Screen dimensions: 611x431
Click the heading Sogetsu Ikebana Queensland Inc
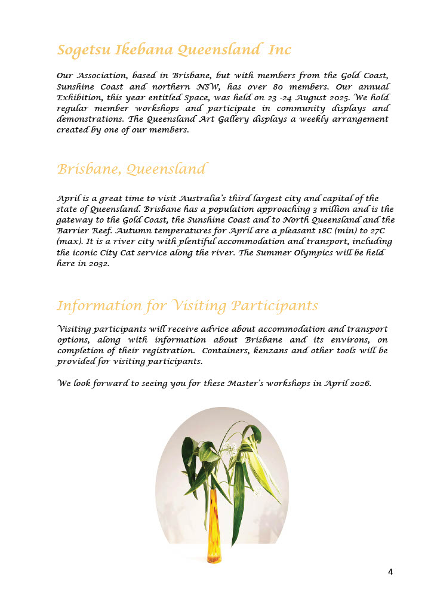coord(174,50)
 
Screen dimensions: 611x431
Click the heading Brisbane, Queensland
coord(131,169)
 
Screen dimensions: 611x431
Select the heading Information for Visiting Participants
coord(187,306)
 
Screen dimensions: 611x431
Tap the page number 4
coord(390,572)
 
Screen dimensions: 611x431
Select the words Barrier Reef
coord(82,231)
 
